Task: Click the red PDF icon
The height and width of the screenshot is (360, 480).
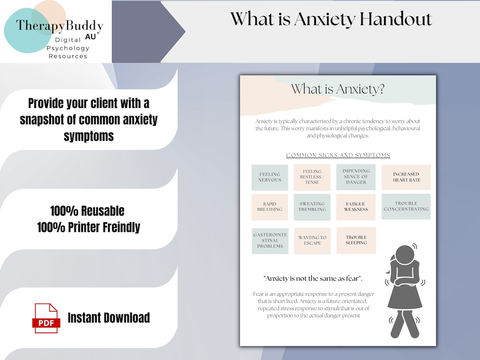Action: [46, 318]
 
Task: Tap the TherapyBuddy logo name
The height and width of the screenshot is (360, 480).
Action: [60, 25]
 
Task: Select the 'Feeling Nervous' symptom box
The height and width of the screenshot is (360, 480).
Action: [270, 177]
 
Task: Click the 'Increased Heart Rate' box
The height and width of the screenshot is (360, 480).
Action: [406, 177]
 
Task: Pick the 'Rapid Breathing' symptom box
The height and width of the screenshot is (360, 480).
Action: [270, 207]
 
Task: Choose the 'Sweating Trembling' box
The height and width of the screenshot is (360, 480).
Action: [312, 207]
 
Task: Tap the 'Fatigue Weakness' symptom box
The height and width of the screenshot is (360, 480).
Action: [356, 207]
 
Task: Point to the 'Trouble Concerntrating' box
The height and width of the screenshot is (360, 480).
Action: [406, 206]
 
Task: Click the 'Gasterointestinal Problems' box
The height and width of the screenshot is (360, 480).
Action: [270, 240]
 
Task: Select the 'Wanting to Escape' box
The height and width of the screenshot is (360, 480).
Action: [312, 240]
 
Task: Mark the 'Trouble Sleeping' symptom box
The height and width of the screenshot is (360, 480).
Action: [356, 240]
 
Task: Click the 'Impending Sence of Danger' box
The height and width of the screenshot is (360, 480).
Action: [356, 177]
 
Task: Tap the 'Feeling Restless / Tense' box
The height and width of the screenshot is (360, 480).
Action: [312, 177]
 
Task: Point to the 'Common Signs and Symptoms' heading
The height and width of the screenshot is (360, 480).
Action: [338, 156]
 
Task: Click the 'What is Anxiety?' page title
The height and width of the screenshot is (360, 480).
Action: [338, 89]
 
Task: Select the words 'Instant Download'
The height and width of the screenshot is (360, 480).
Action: [108, 318]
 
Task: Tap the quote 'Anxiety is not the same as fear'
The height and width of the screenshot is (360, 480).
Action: [313, 279]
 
